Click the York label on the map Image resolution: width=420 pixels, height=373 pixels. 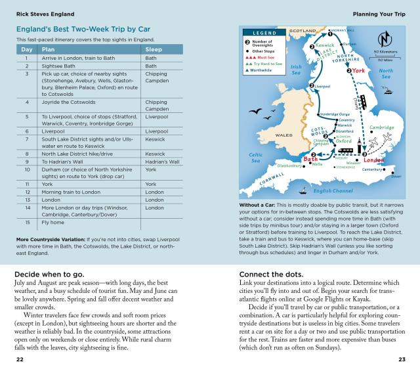tap(358, 70)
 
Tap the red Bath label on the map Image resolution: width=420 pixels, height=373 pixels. tap(311, 159)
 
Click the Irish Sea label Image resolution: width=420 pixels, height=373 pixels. tap(296, 69)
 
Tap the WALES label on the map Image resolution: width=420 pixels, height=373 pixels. tap(283, 135)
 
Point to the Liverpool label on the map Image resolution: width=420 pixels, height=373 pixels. tap(322, 86)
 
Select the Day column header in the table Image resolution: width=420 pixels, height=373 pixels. tap(27, 49)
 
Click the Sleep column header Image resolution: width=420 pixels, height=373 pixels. tap(154, 49)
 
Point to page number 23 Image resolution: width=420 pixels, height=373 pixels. tap(402, 360)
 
